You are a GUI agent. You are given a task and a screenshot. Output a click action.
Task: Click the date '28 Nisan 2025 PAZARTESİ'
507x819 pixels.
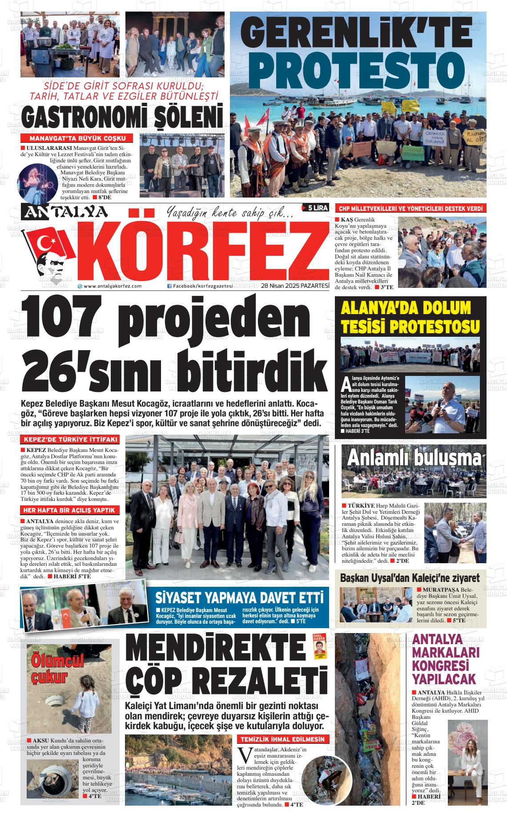[295, 286]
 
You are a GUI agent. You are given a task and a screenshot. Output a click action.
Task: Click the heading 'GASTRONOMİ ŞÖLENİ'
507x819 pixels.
[122, 117]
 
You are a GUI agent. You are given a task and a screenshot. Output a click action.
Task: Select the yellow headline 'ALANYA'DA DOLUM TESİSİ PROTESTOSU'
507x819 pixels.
[411, 317]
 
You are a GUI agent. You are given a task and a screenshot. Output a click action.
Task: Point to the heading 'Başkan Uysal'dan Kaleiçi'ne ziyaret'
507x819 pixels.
[410, 578]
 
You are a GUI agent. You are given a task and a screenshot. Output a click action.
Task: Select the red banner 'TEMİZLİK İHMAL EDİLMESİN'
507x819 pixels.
[283, 739]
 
